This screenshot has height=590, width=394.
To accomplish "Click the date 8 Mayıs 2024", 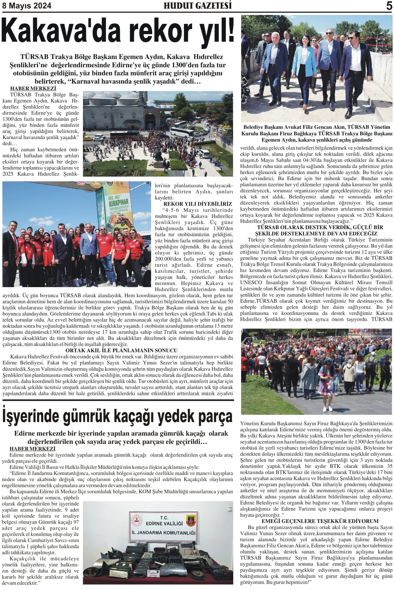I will [x=27, y=6].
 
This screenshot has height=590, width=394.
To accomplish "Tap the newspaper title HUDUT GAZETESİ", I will [x=198, y=6].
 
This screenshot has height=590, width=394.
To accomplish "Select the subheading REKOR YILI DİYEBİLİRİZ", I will [x=198, y=204].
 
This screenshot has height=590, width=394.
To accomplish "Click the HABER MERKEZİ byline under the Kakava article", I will [x=33, y=88].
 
